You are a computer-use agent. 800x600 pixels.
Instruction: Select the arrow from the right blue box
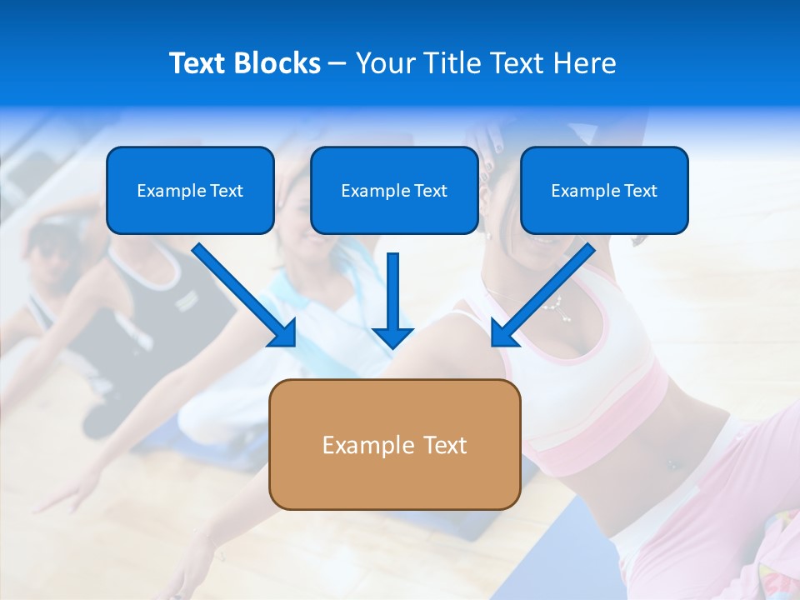[x=542, y=296]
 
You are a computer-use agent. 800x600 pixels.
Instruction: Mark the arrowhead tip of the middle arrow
[x=392, y=347]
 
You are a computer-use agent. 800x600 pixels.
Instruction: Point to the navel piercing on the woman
[x=672, y=465]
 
